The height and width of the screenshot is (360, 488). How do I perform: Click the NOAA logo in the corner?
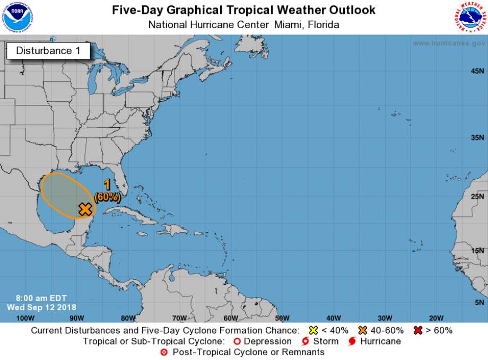[x=17, y=17]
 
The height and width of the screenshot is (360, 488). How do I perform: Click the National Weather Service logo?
[x=470, y=17]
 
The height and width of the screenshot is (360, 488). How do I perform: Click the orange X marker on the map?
[x=85, y=209]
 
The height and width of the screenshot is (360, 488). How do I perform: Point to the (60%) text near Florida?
[x=107, y=197]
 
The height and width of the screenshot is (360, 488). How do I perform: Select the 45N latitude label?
[x=477, y=71]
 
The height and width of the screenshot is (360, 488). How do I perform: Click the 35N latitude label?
[x=477, y=137]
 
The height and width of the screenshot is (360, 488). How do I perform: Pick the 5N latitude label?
[x=479, y=302]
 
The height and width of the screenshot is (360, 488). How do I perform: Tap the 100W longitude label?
[x=25, y=318]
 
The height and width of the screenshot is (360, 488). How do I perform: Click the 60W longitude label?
[x=231, y=318]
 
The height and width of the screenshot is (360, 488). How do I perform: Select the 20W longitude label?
[x=436, y=318]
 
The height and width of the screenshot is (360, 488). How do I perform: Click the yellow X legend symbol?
[x=313, y=330]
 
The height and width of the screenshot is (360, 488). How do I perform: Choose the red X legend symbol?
[x=418, y=330]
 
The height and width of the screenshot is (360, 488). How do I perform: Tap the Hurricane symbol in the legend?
[x=351, y=341]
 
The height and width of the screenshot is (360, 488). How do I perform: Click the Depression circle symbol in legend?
[x=237, y=341]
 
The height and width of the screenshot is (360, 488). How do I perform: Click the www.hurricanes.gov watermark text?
[x=448, y=43]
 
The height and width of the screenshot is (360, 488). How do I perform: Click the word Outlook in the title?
[x=352, y=10]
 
